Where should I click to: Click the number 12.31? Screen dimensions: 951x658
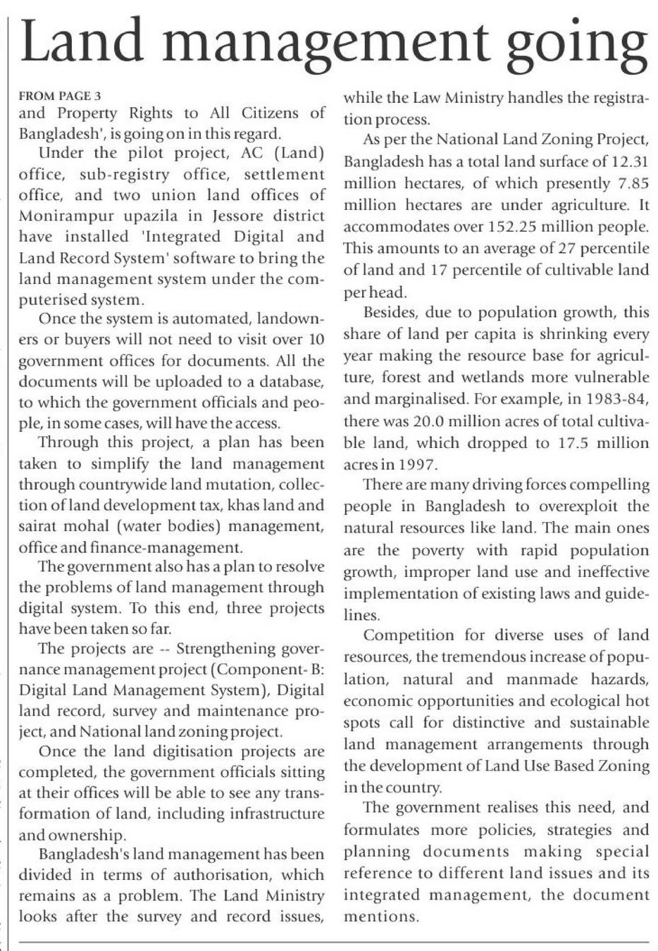630,161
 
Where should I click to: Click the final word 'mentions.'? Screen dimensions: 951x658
381,917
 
